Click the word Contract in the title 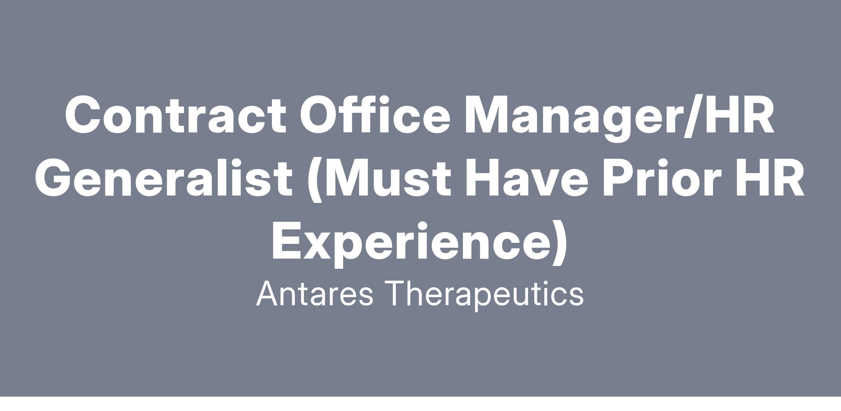tap(175, 115)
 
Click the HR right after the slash tap(739, 115)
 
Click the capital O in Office tap(319, 115)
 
